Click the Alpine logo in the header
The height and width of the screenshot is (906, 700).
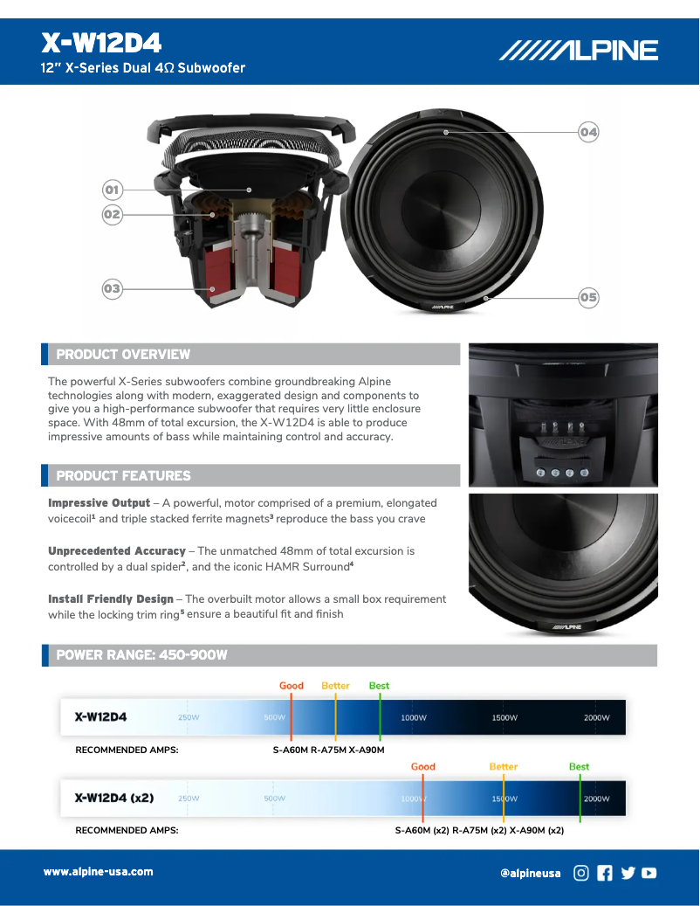coord(579,52)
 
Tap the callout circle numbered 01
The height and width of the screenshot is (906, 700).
coord(112,190)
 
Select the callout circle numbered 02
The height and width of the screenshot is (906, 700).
coord(112,214)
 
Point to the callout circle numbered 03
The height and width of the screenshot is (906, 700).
coord(112,288)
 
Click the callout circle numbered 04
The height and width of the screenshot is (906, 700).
coord(588,132)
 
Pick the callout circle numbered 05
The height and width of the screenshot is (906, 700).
coord(588,297)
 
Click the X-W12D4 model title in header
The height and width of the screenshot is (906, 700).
coord(101,44)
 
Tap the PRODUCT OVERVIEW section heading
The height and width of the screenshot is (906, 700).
coord(123,355)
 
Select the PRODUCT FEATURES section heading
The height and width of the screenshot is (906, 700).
coord(123,476)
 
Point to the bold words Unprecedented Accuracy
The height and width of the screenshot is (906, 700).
coord(117,551)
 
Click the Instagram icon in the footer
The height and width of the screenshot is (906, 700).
coord(581,872)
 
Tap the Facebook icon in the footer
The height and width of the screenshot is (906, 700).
coord(605,872)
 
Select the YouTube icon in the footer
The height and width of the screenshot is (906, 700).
coord(649,872)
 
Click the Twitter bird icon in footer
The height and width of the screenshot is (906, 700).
coord(628,872)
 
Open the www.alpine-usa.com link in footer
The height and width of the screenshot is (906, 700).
coord(99,872)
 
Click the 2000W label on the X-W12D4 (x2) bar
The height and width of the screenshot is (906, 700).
coord(597,799)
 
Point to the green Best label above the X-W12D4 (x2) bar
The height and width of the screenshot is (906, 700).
coord(579,767)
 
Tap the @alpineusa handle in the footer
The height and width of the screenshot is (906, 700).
coord(531,873)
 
